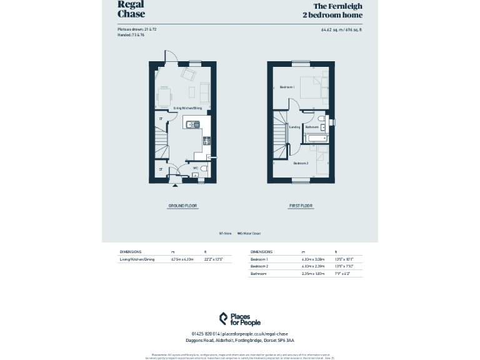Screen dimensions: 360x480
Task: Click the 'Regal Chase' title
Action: pyautogui.click(x=131, y=9)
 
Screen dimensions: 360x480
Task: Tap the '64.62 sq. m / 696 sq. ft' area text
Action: pyautogui.click(x=341, y=29)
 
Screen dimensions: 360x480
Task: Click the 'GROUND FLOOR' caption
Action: pyautogui.click(x=182, y=206)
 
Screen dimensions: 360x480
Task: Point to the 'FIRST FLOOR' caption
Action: pyautogui.click(x=301, y=206)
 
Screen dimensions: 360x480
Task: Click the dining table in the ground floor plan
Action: pyautogui.click(x=165, y=96)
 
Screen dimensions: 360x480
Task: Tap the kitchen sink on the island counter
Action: pyautogui.click(x=196, y=124)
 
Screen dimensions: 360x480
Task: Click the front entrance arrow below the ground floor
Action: pyautogui.click(x=176, y=186)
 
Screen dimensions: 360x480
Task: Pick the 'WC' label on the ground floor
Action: pyautogui.click(x=196, y=168)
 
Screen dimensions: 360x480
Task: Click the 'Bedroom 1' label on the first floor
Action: pyautogui.click(x=287, y=87)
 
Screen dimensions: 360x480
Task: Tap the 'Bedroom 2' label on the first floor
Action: pyautogui.click(x=301, y=163)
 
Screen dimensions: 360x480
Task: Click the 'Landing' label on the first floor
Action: pyautogui.click(x=294, y=127)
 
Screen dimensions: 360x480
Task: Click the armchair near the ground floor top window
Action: pyautogui.click(x=188, y=74)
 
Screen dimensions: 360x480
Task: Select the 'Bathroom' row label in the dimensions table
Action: pyautogui.click(x=259, y=273)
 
